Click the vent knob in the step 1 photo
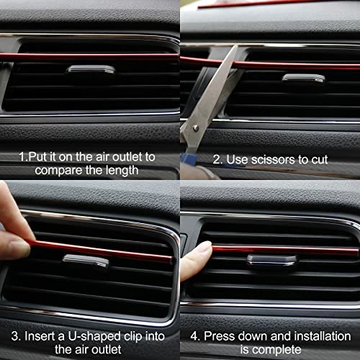point(91,69)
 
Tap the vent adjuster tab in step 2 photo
point(304,78)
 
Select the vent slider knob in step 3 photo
point(86,261)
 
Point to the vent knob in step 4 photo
point(272,260)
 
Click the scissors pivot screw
point(196,128)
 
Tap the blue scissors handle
point(189,159)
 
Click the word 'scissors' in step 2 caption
point(272,160)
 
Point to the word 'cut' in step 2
point(320,160)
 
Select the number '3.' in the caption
point(16,336)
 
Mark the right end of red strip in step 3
point(171,260)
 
